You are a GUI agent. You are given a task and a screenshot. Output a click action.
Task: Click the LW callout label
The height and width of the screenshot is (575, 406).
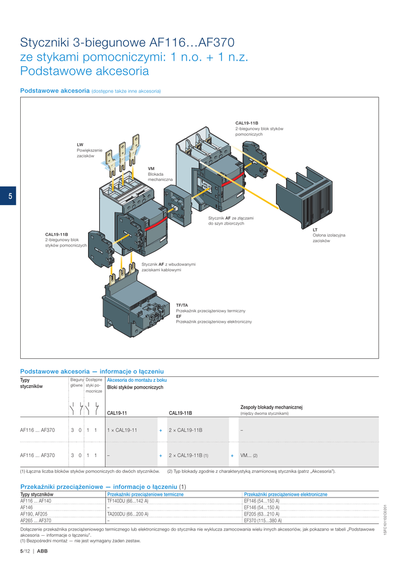(80, 144)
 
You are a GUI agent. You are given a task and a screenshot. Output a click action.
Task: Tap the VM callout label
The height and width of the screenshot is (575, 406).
(151, 168)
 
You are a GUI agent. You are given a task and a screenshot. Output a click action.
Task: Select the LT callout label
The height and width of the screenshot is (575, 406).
(315, 230)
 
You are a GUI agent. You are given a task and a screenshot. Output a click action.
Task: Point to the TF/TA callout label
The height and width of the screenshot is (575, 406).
(182, 305)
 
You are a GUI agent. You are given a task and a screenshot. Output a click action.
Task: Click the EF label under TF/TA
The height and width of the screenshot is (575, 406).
(179, 316)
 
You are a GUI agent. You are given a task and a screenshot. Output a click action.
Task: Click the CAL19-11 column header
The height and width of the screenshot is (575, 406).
(117, 413)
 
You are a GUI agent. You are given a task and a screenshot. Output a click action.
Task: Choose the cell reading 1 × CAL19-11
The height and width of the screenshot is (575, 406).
(122, 430)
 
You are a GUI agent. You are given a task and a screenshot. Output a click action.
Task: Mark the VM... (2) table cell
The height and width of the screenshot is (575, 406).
(248, 455)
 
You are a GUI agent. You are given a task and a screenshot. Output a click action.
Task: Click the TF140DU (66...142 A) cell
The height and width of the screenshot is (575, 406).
(128, 500)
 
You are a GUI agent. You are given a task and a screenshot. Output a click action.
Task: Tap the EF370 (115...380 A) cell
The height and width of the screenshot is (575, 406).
(262, 520)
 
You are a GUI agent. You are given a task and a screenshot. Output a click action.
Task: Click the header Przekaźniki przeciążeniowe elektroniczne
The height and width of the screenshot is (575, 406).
(285, 494)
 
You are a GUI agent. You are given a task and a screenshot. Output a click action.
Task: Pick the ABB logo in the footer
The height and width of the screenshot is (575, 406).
(43, 551)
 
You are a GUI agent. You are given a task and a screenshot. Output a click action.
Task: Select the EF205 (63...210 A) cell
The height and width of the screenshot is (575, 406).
(261, 513)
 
